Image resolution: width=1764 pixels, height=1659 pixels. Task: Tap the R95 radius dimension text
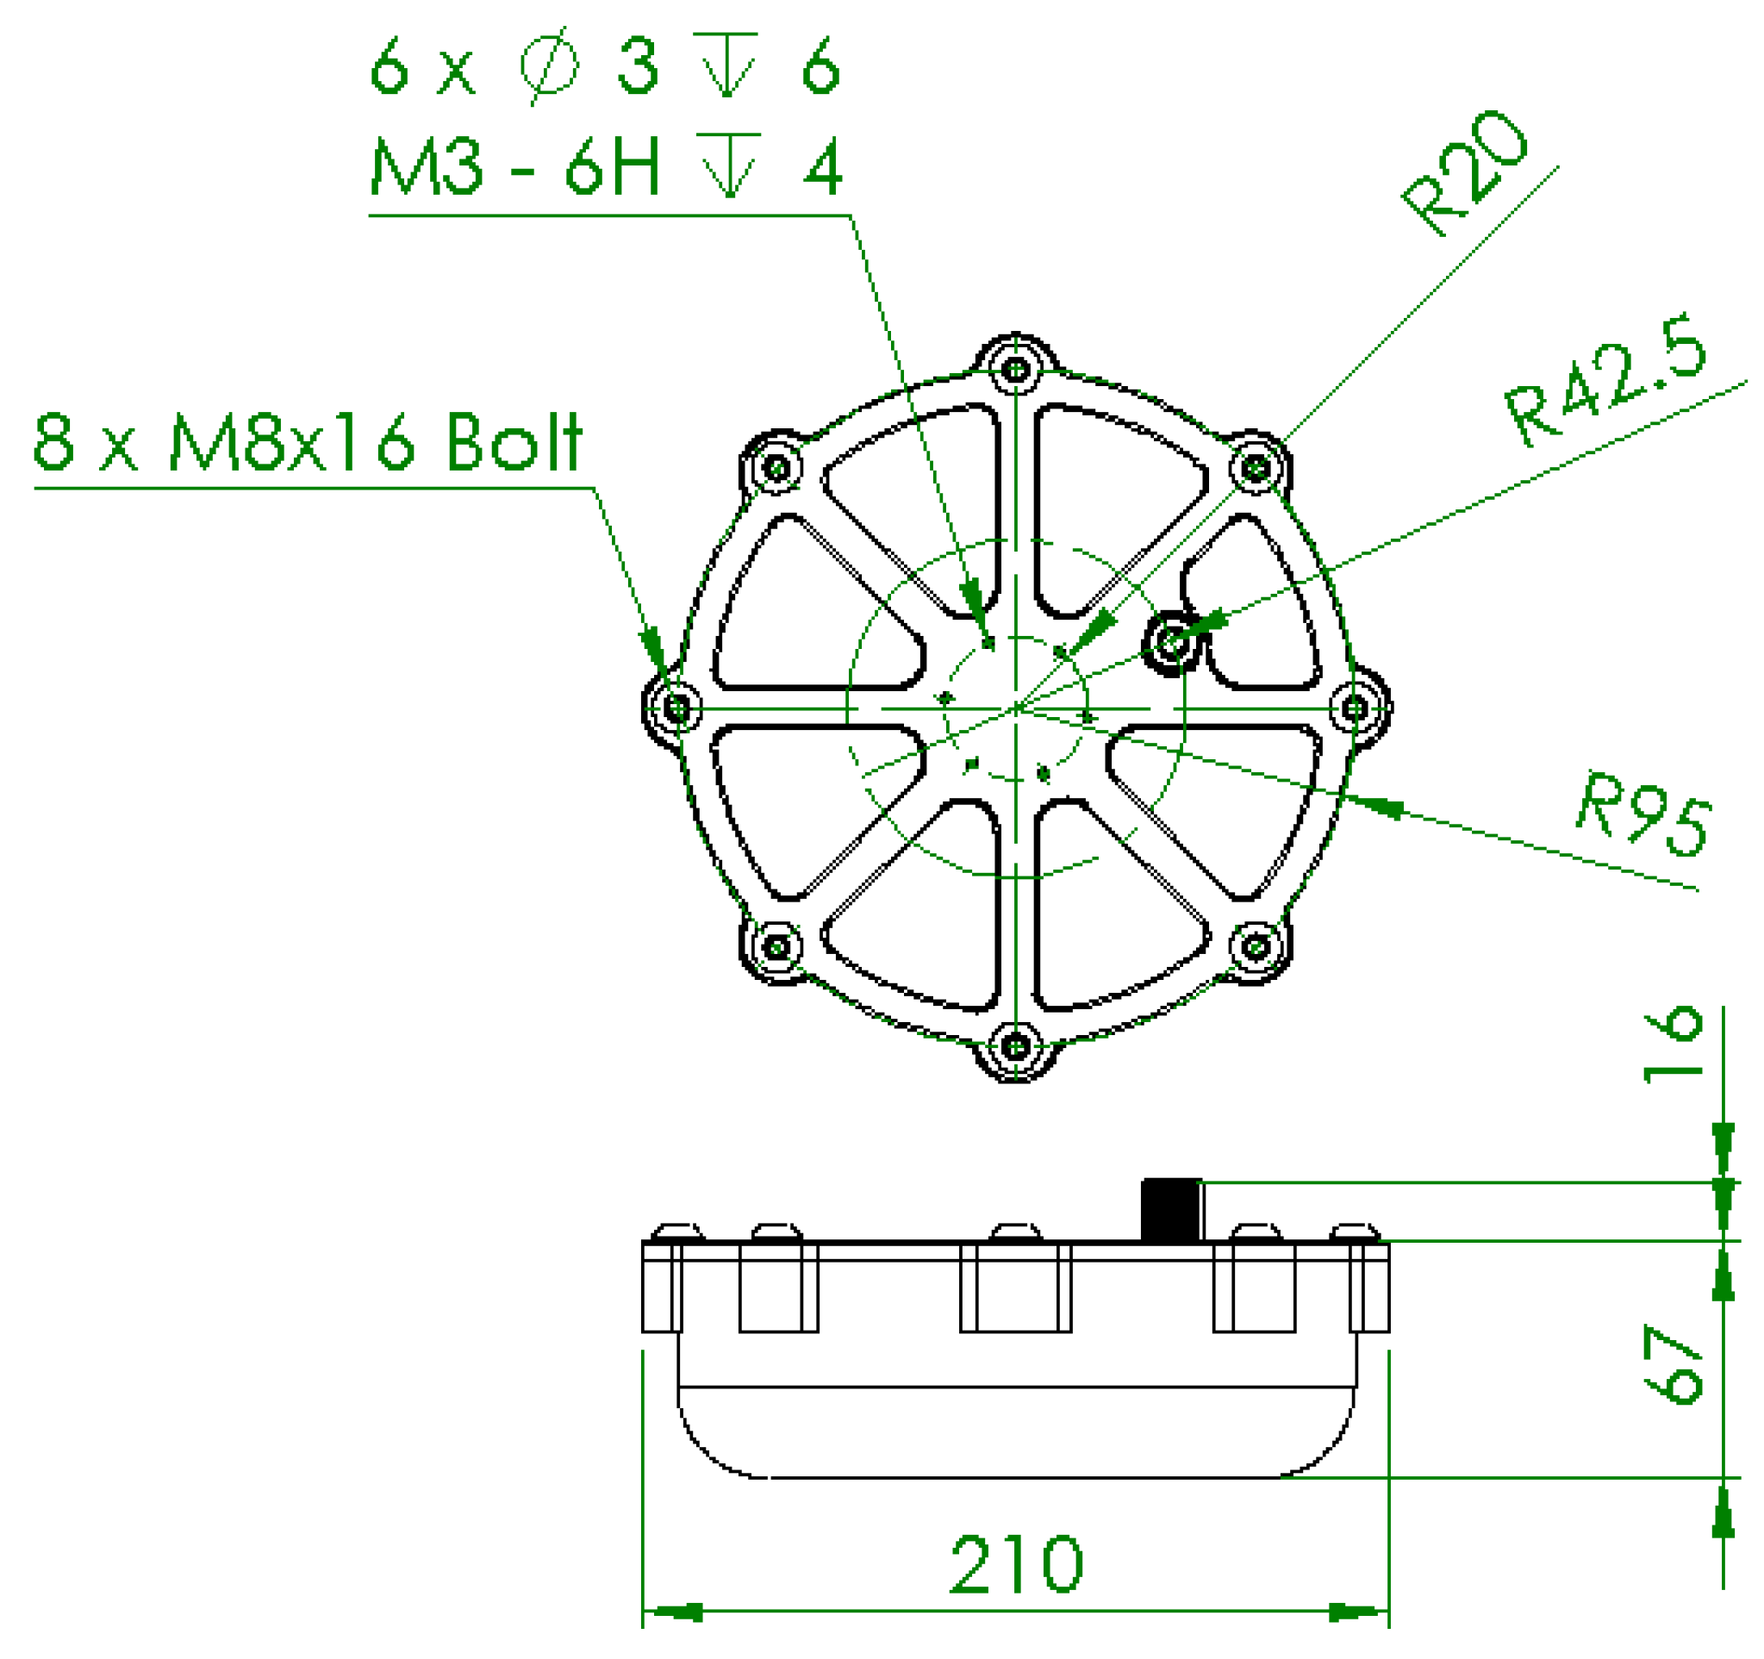coord(1644,814)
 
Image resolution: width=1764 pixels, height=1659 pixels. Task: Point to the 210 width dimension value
coord(1016,1563)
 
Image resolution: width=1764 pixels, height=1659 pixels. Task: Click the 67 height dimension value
coord(1673,1364)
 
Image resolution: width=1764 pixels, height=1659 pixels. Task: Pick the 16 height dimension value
coord(1673,1045)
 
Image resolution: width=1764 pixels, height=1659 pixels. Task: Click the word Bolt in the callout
coord(514,441)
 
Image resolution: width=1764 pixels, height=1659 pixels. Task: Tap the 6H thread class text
coord(612,165)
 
